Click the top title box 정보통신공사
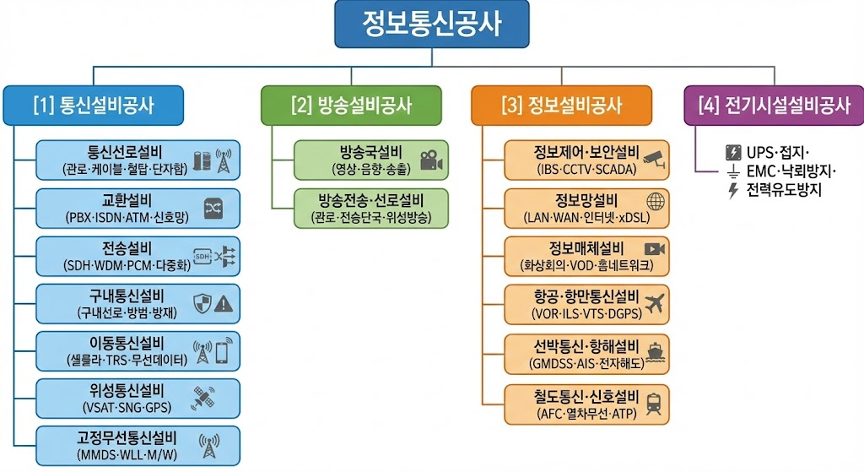[431, 24]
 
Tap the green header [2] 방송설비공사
[351, 106]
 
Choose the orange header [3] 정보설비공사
[561, 106]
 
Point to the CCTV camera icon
[654, 158]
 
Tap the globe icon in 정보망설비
[655, 202]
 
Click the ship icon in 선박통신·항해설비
[655, 350]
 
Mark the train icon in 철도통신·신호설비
[654, 401]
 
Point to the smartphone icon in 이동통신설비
[222, 351]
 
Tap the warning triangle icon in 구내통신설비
[223, 303]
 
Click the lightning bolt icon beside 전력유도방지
[732, 191]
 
